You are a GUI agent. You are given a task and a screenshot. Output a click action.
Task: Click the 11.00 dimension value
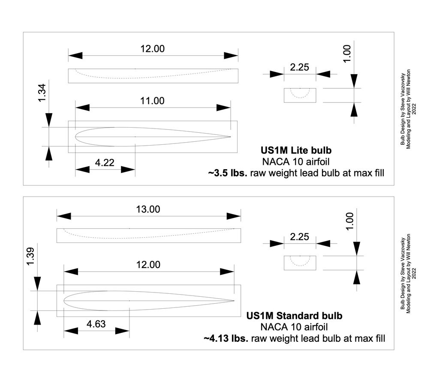point(152,101)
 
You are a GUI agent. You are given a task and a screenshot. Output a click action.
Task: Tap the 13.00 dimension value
point(148,209)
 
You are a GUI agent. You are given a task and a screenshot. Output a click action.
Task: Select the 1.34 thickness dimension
point(42,93)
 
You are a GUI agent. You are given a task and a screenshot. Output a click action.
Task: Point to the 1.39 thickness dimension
point(30,256)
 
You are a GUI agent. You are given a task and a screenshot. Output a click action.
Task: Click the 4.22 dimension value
point(105,162)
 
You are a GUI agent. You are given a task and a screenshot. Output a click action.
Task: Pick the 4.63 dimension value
point(96,324)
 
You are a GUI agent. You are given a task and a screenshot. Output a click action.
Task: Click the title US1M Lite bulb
point(296,150)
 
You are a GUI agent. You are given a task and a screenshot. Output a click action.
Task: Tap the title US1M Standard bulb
point(294,316)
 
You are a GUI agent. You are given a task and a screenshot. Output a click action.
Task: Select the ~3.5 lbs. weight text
point(228,173)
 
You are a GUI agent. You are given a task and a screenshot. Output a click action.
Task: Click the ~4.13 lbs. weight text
point(226,338)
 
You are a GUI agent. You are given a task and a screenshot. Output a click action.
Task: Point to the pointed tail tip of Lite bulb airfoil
point(230,137)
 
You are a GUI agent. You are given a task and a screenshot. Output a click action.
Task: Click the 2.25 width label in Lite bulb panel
point(300,67)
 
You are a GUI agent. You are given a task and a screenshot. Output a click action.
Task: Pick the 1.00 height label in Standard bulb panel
point(350,221)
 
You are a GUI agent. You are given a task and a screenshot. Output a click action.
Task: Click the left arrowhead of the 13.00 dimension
point(64,216)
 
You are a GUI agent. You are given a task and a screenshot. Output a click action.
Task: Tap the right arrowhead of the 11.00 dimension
point(223,107)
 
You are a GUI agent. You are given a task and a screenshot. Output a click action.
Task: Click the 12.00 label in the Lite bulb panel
point(152,49)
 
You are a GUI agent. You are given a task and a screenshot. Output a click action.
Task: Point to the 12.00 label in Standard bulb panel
point(148,265)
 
